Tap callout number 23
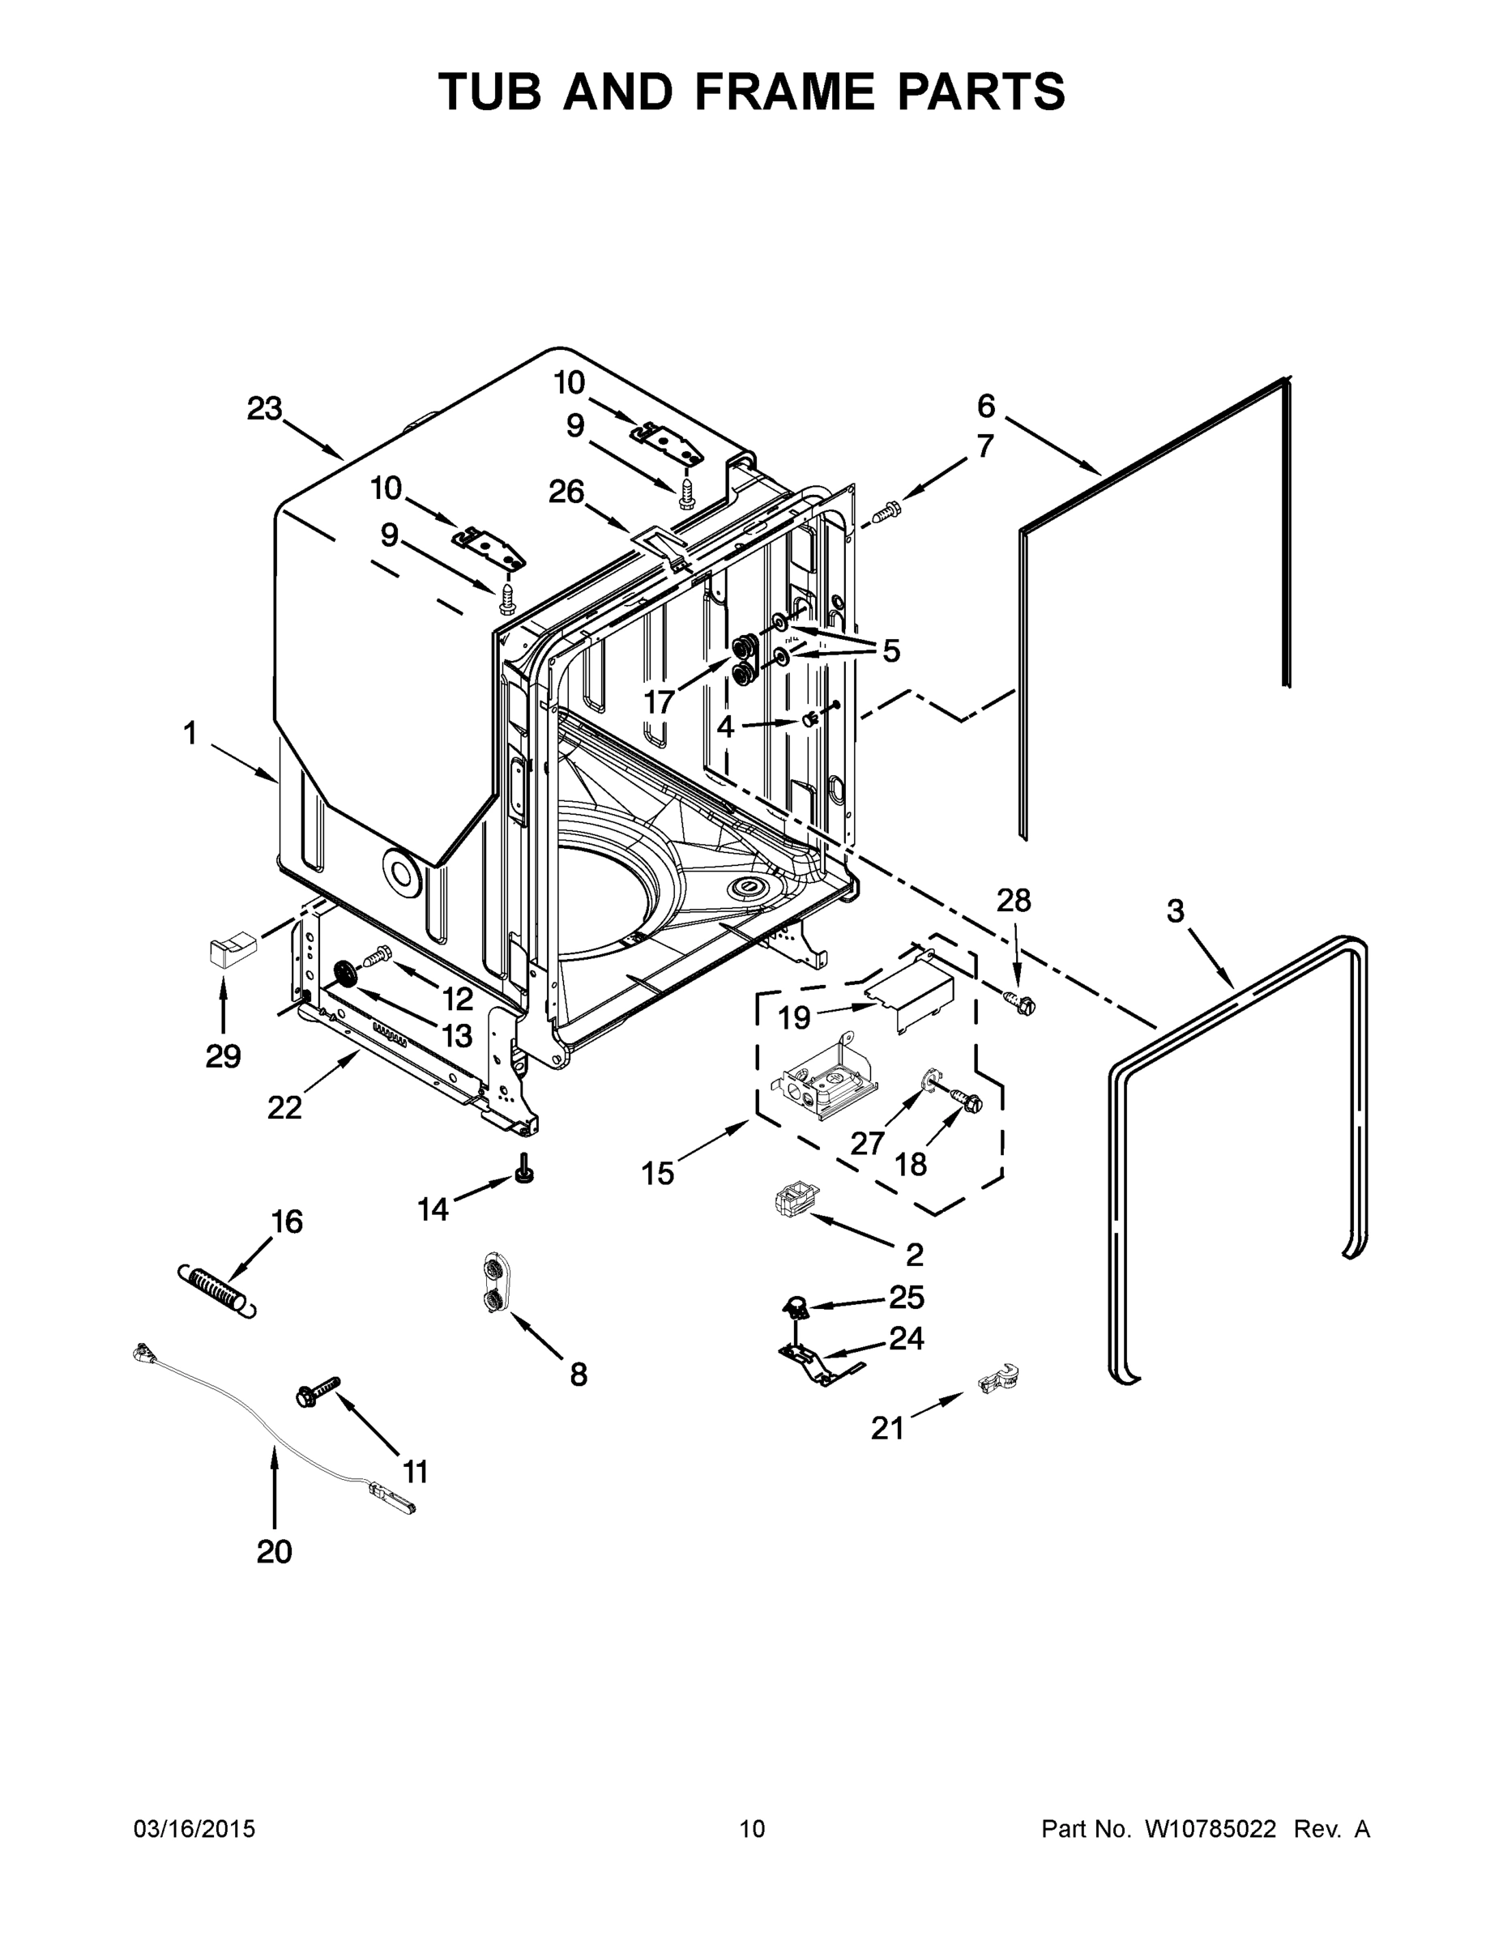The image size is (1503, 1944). [264, 409]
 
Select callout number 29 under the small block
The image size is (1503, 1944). [223, 1056]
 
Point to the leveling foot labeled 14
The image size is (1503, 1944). [525, 1169]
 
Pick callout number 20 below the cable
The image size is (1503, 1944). [273, 1551]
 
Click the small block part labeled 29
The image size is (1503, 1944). [232, 951]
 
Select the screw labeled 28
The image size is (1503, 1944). [1020, 1003]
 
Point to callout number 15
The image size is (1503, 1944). [658, 1173]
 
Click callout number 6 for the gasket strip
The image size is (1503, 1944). [986, 406]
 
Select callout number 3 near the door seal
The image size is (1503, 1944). [1176, 911]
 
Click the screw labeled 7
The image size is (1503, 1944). [886, 511]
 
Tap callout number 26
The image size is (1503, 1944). [566, 492]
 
